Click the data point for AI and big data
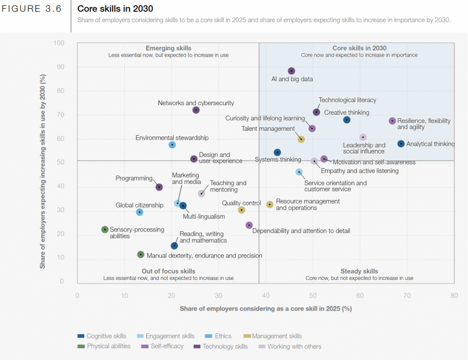(292, 71)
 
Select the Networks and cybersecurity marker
(196, 110)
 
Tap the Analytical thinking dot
(401, 144)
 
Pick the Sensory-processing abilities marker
(105, 230)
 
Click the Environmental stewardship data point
(172, 145)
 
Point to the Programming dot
(159, 187)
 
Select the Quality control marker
(242, 210)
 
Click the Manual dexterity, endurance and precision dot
(141, 254)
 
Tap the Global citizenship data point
(140, 212)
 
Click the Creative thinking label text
(346, 113)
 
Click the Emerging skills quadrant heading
(168, 48)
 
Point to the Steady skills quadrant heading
(359, 271)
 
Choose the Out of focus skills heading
(168, 271)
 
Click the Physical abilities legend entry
(108, 346)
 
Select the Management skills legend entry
(277, 336)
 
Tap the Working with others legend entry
(294, 346)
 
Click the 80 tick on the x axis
(454, 296)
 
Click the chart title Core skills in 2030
(115, 9)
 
